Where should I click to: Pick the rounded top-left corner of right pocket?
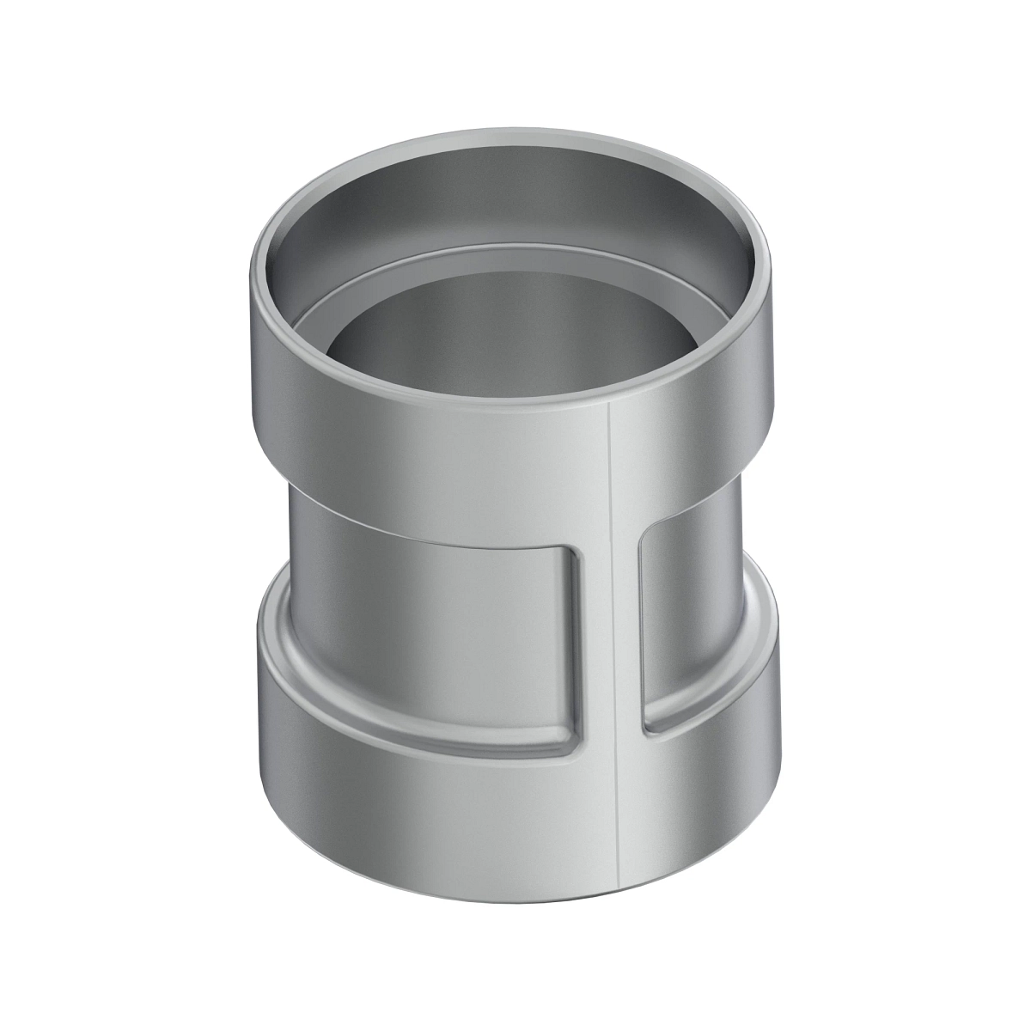click(646, 538)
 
